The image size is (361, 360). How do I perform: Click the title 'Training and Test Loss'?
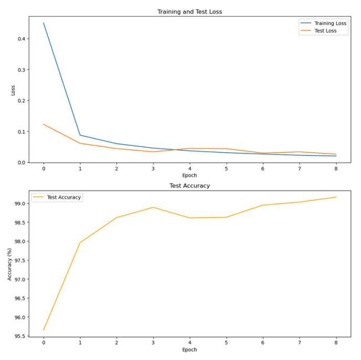pos(189,12)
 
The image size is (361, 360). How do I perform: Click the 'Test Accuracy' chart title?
pos(189,186)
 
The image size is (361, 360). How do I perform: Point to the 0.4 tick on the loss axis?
pos(21,39)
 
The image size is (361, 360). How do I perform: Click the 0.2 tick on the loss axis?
pos(21,101)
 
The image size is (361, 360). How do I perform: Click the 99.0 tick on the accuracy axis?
pos(19,204)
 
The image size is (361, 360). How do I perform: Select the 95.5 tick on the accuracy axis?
pos(19,336)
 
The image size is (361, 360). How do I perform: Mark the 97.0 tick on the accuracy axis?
pos(19,280)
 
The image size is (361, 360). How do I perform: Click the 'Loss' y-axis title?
pos(14,90)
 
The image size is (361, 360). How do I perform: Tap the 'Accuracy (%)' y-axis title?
pos(9,263)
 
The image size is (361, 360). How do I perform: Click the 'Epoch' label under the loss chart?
pos(189,175)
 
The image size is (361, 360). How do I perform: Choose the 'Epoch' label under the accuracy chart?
pos(189,350)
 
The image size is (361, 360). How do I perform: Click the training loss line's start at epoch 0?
pos(44,23)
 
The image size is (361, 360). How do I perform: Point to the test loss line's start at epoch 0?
pos(44,124)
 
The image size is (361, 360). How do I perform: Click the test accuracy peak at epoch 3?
pos(153,207)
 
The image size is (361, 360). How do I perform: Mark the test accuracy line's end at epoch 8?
pos(336,197)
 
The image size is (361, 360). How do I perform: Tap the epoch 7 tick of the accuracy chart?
pos(299,343)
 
